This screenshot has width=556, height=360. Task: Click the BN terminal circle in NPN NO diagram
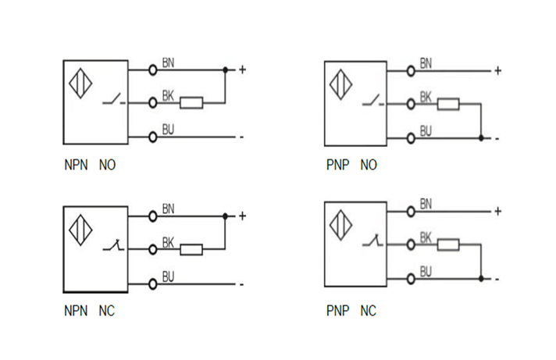tap(153, 70)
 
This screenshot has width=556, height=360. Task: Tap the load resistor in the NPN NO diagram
tap(192, 102)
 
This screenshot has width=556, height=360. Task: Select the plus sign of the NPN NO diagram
tap(242, 70)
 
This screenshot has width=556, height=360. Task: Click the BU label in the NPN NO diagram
tap(168, 129)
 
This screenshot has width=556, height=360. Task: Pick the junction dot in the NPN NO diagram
tap(225, 70)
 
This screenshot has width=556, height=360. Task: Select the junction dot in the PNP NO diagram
tap(481, 138)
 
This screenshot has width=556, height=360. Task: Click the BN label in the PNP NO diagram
tap(426, 63)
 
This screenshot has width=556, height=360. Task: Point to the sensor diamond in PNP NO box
tap(340, 85)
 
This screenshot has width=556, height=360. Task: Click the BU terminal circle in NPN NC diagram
tap(153, 283)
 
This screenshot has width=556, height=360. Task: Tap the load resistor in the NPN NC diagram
tap(191, 250)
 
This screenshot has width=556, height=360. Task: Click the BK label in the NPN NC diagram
tap(168, 242)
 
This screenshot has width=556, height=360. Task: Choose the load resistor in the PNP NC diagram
tap(447, 245)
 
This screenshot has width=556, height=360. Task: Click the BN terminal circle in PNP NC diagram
tap(411, 211)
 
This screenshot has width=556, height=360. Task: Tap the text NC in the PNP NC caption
tap(368, 311)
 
